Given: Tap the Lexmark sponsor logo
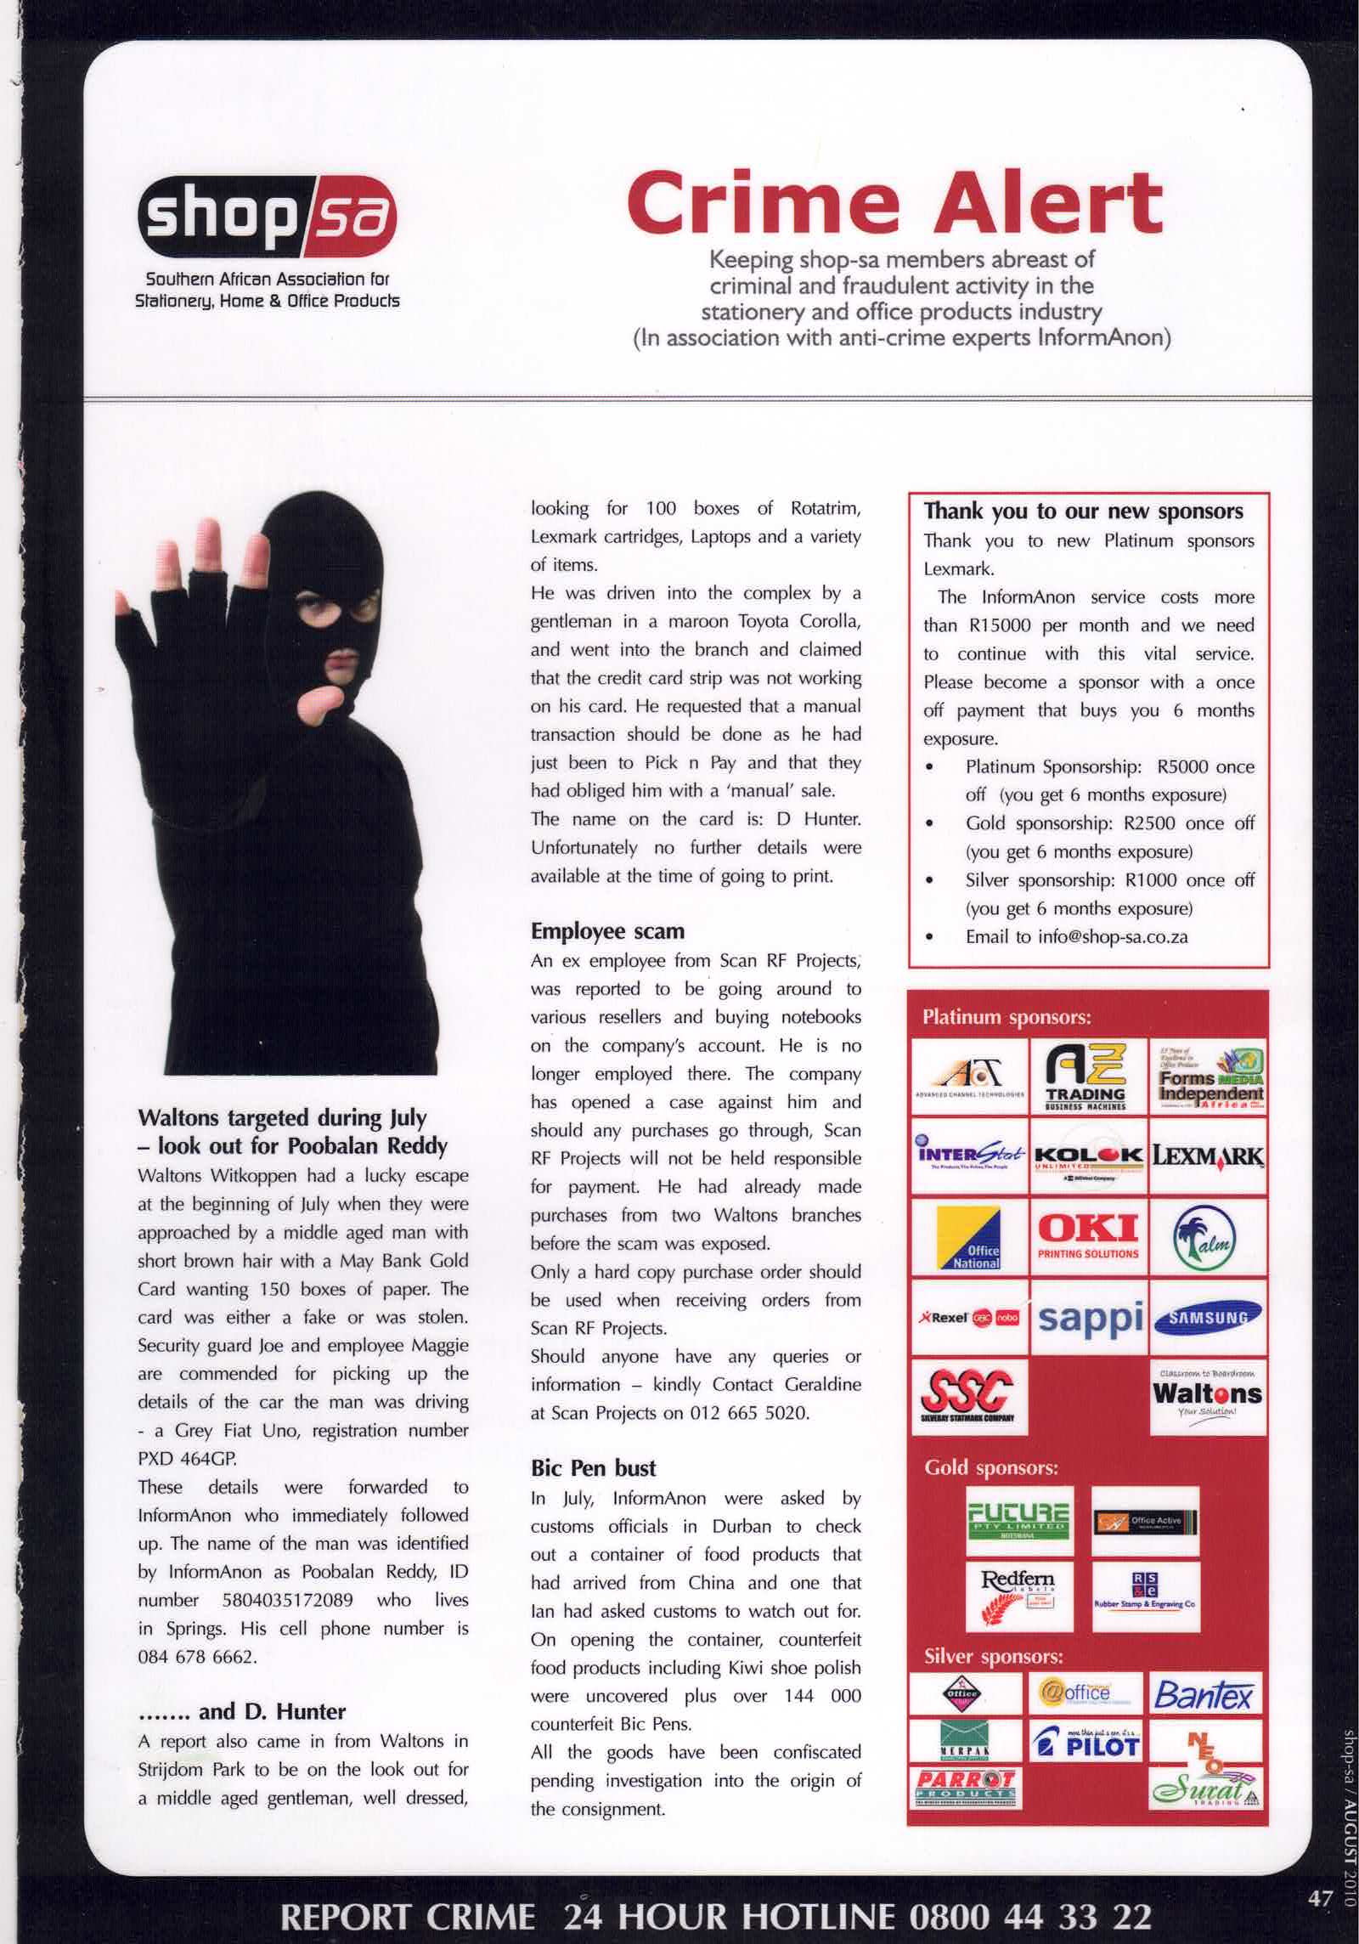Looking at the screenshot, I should [x=1207, y=1156].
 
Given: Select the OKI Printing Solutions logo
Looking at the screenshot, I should [x=1088, y=1235].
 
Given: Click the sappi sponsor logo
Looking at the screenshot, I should [x=1088, y=1318].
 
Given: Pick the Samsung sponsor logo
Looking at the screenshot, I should [x=1207, y=1318].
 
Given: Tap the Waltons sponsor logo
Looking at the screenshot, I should [x=1207, y=1396].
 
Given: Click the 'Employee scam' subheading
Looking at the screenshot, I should [x=607, y=931].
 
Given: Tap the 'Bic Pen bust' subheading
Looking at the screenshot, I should [x=593, y=1468].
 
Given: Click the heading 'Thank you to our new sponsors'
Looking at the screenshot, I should [x=1083, y=511].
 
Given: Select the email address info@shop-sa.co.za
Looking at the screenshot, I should [x=1076, y=937].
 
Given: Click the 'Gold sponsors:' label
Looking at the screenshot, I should [x=990, y=1468].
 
